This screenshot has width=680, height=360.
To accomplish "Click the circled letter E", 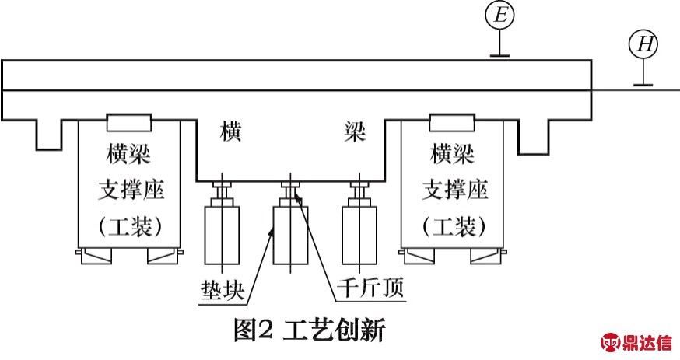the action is pyautogui.click(x=499, y=16).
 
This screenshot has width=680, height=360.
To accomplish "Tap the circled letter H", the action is pyautogui.click(x=643, y=44).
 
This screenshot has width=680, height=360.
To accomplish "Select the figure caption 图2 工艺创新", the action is pyautogui.click(x=309, y=330).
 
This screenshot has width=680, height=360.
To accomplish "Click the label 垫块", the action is pyautogui.click(x=223, y=290).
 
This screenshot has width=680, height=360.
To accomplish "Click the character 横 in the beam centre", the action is pyautogui.click(x=230, y=131).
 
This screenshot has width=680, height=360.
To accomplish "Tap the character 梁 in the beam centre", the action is pyautogui.click(x=356, y=131).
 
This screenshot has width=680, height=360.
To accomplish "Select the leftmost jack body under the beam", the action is pyautogui.click(x=222, y=236).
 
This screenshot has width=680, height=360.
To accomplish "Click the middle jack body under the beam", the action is pyautogui.click(x=290, y=236).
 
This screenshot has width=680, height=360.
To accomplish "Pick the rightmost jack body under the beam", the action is pyautogui.click(x=359, y=236).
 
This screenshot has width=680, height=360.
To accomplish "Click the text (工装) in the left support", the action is pyautogui.click(x=130, y=226).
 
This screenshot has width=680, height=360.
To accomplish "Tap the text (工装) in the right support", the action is pyautogui.click(x=454, y=226).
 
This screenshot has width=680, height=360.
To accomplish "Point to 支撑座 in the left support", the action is pyautogui.click(x=131, y=190).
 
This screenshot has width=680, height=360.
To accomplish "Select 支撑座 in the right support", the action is pyautogui.click(x=455, y=190).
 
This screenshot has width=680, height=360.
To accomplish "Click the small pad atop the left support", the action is pyautogui.click(x=129, y=123).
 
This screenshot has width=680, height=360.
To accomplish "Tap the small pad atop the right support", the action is pyautogui.click(x=452, y=123).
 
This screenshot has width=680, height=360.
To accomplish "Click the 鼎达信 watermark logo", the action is pyautogui.click(x=636, y=343).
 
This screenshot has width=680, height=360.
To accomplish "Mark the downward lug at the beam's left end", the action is pyautogui.click(x=48, y=135).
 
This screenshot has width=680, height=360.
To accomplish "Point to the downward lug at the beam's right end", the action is pyautogui.click(x=534, y=137).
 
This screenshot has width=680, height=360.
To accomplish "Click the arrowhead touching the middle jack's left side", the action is pyautogui.click(x=272, y=232).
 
